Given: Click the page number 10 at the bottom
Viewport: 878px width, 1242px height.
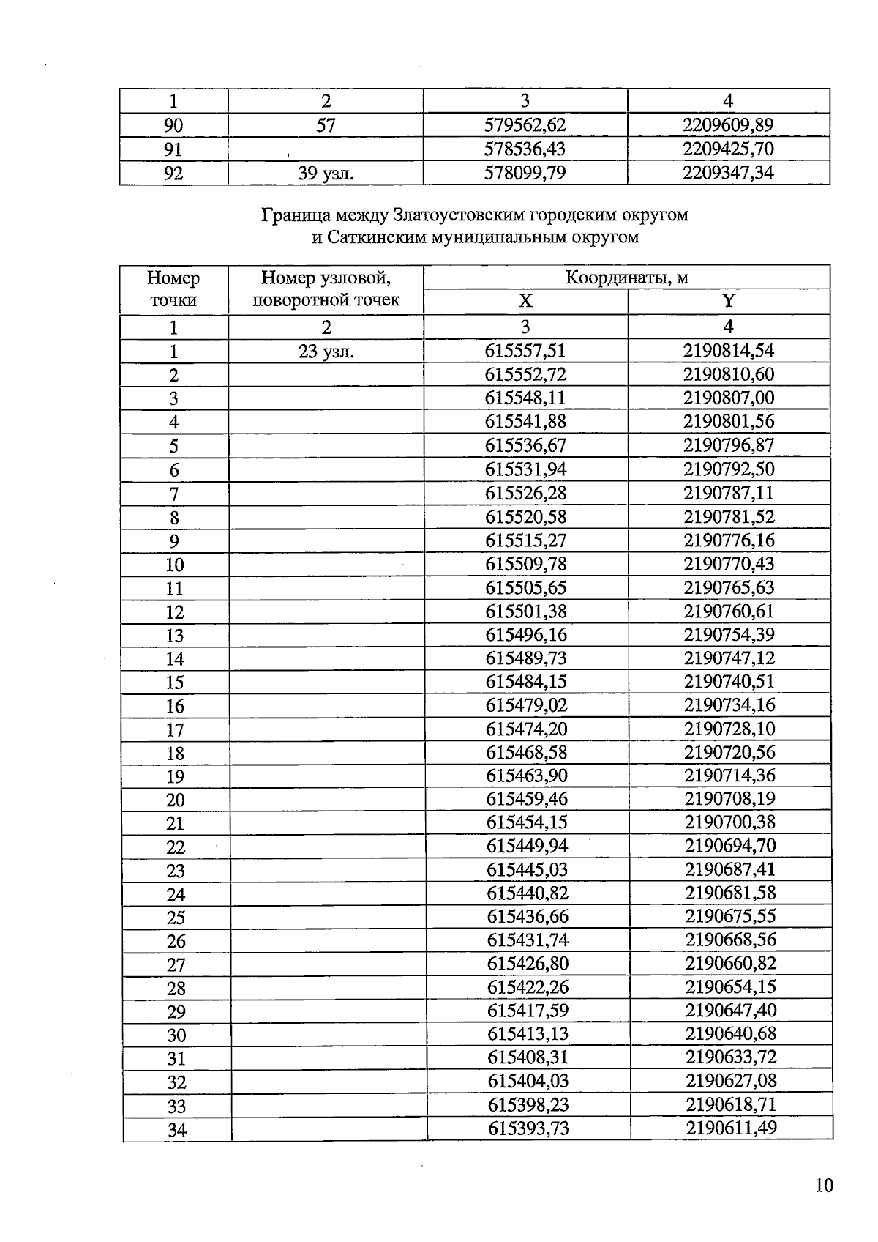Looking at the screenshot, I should point(824,1185).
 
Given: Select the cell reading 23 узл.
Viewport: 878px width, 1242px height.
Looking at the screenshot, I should point(326,352).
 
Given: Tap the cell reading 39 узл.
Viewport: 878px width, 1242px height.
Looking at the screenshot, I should point(326,174).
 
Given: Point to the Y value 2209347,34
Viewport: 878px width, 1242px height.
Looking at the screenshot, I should point(728,173).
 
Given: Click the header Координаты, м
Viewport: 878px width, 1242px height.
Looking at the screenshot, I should point(626,278).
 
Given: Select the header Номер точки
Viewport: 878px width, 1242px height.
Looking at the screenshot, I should point(173,289).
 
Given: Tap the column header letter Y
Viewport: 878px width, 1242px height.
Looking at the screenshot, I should point(728,301).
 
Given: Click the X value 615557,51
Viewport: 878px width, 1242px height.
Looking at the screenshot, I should point(525,351).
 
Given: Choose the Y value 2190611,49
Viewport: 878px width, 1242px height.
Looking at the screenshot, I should point(731,1128).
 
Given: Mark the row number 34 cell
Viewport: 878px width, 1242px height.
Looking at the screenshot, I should point(176,1130).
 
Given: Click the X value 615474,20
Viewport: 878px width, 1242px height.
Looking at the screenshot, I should point(526,729).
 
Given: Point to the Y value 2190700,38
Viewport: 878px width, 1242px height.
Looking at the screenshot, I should point(729,822).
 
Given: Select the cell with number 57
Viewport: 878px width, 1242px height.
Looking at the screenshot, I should point(326,125).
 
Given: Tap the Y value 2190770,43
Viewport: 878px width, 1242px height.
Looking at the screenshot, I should point(729,564).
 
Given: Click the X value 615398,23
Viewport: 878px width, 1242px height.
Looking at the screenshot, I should point(528,1104).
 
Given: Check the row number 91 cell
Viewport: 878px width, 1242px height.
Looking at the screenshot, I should point(173,149).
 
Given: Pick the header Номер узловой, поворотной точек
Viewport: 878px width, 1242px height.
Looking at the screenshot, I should point(326,289).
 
